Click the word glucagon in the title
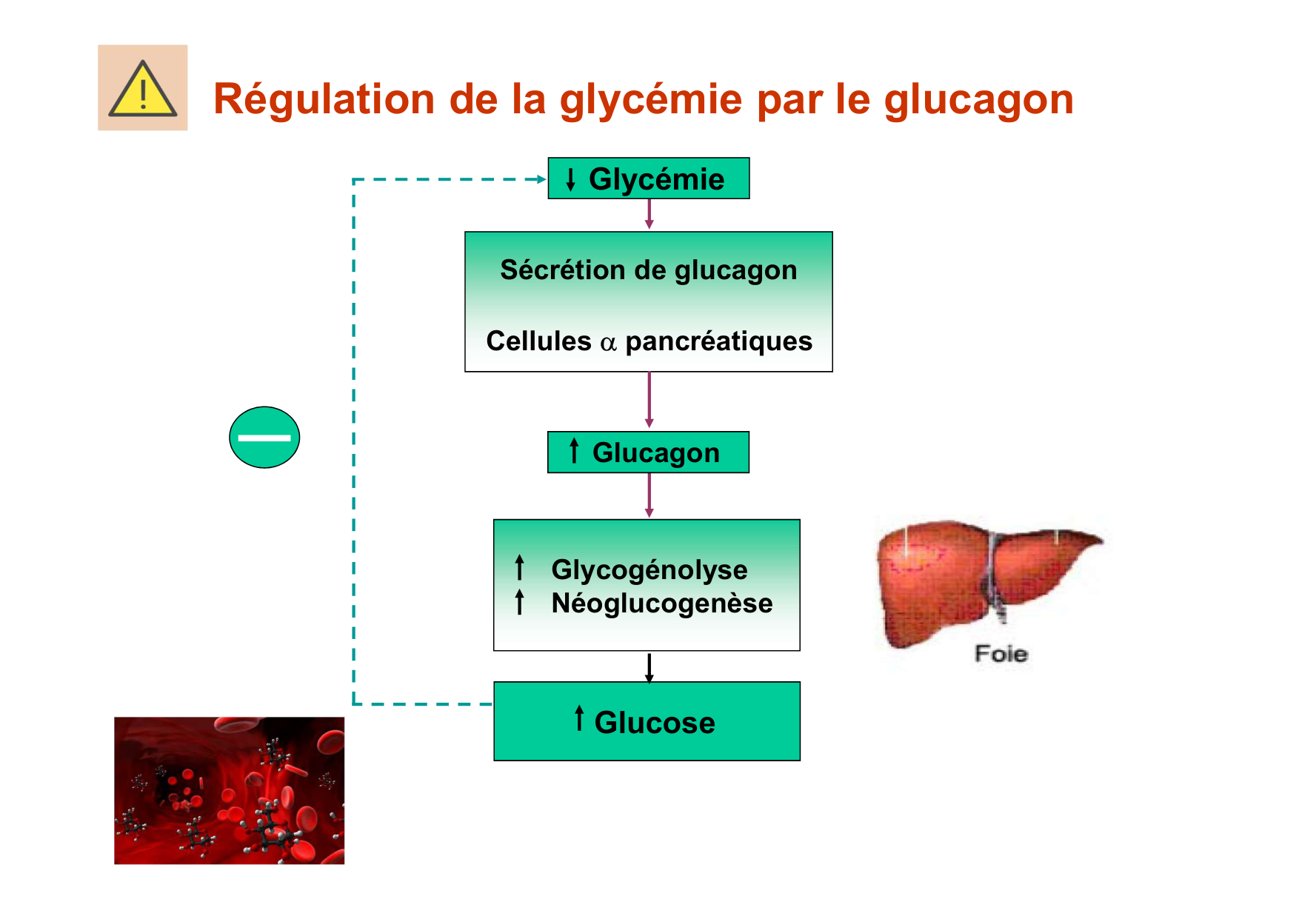(x=978, y=99)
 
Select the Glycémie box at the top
(x=649, y=178)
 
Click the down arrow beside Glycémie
(x=570, y=179)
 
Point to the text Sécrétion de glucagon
(x=648, y=270)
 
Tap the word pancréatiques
(x=718, y=341)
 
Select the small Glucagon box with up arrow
(x=648, y=452)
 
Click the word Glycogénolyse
(x=649, y=569)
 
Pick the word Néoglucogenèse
(x=661, y=604)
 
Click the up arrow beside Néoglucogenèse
(x=520, y=602)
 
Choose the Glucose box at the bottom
(x=647, y=721)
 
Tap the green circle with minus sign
(x=264, y=437)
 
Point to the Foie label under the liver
(x=1001, y=654)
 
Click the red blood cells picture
(x=229, y=790)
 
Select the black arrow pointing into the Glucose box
(x=649, y=667)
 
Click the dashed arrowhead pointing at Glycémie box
(x=541, y=179)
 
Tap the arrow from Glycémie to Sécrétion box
(x=649, y=215)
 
